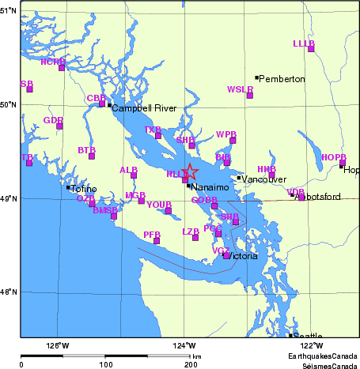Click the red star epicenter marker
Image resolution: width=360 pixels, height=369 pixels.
tap(191, 171)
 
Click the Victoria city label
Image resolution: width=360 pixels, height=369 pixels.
tap(242, 256)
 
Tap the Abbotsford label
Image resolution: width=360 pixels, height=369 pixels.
tap(317, 196)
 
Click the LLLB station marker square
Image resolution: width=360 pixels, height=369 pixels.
tap(311, 49)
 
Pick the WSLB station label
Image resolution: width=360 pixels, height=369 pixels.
tap(240, 89)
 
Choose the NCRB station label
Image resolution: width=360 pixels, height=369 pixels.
tap(52, 61)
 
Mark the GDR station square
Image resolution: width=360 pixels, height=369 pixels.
tap(59, 126)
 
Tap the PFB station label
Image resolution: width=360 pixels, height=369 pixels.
tap(152, 235)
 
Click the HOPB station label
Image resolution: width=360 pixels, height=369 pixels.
tap(334, 157)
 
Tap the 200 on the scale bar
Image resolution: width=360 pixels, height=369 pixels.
tap(190, 364)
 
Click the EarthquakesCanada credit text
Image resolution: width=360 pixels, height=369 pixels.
tap(323, 356)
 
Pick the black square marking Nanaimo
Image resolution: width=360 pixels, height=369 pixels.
tap(188, 186)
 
